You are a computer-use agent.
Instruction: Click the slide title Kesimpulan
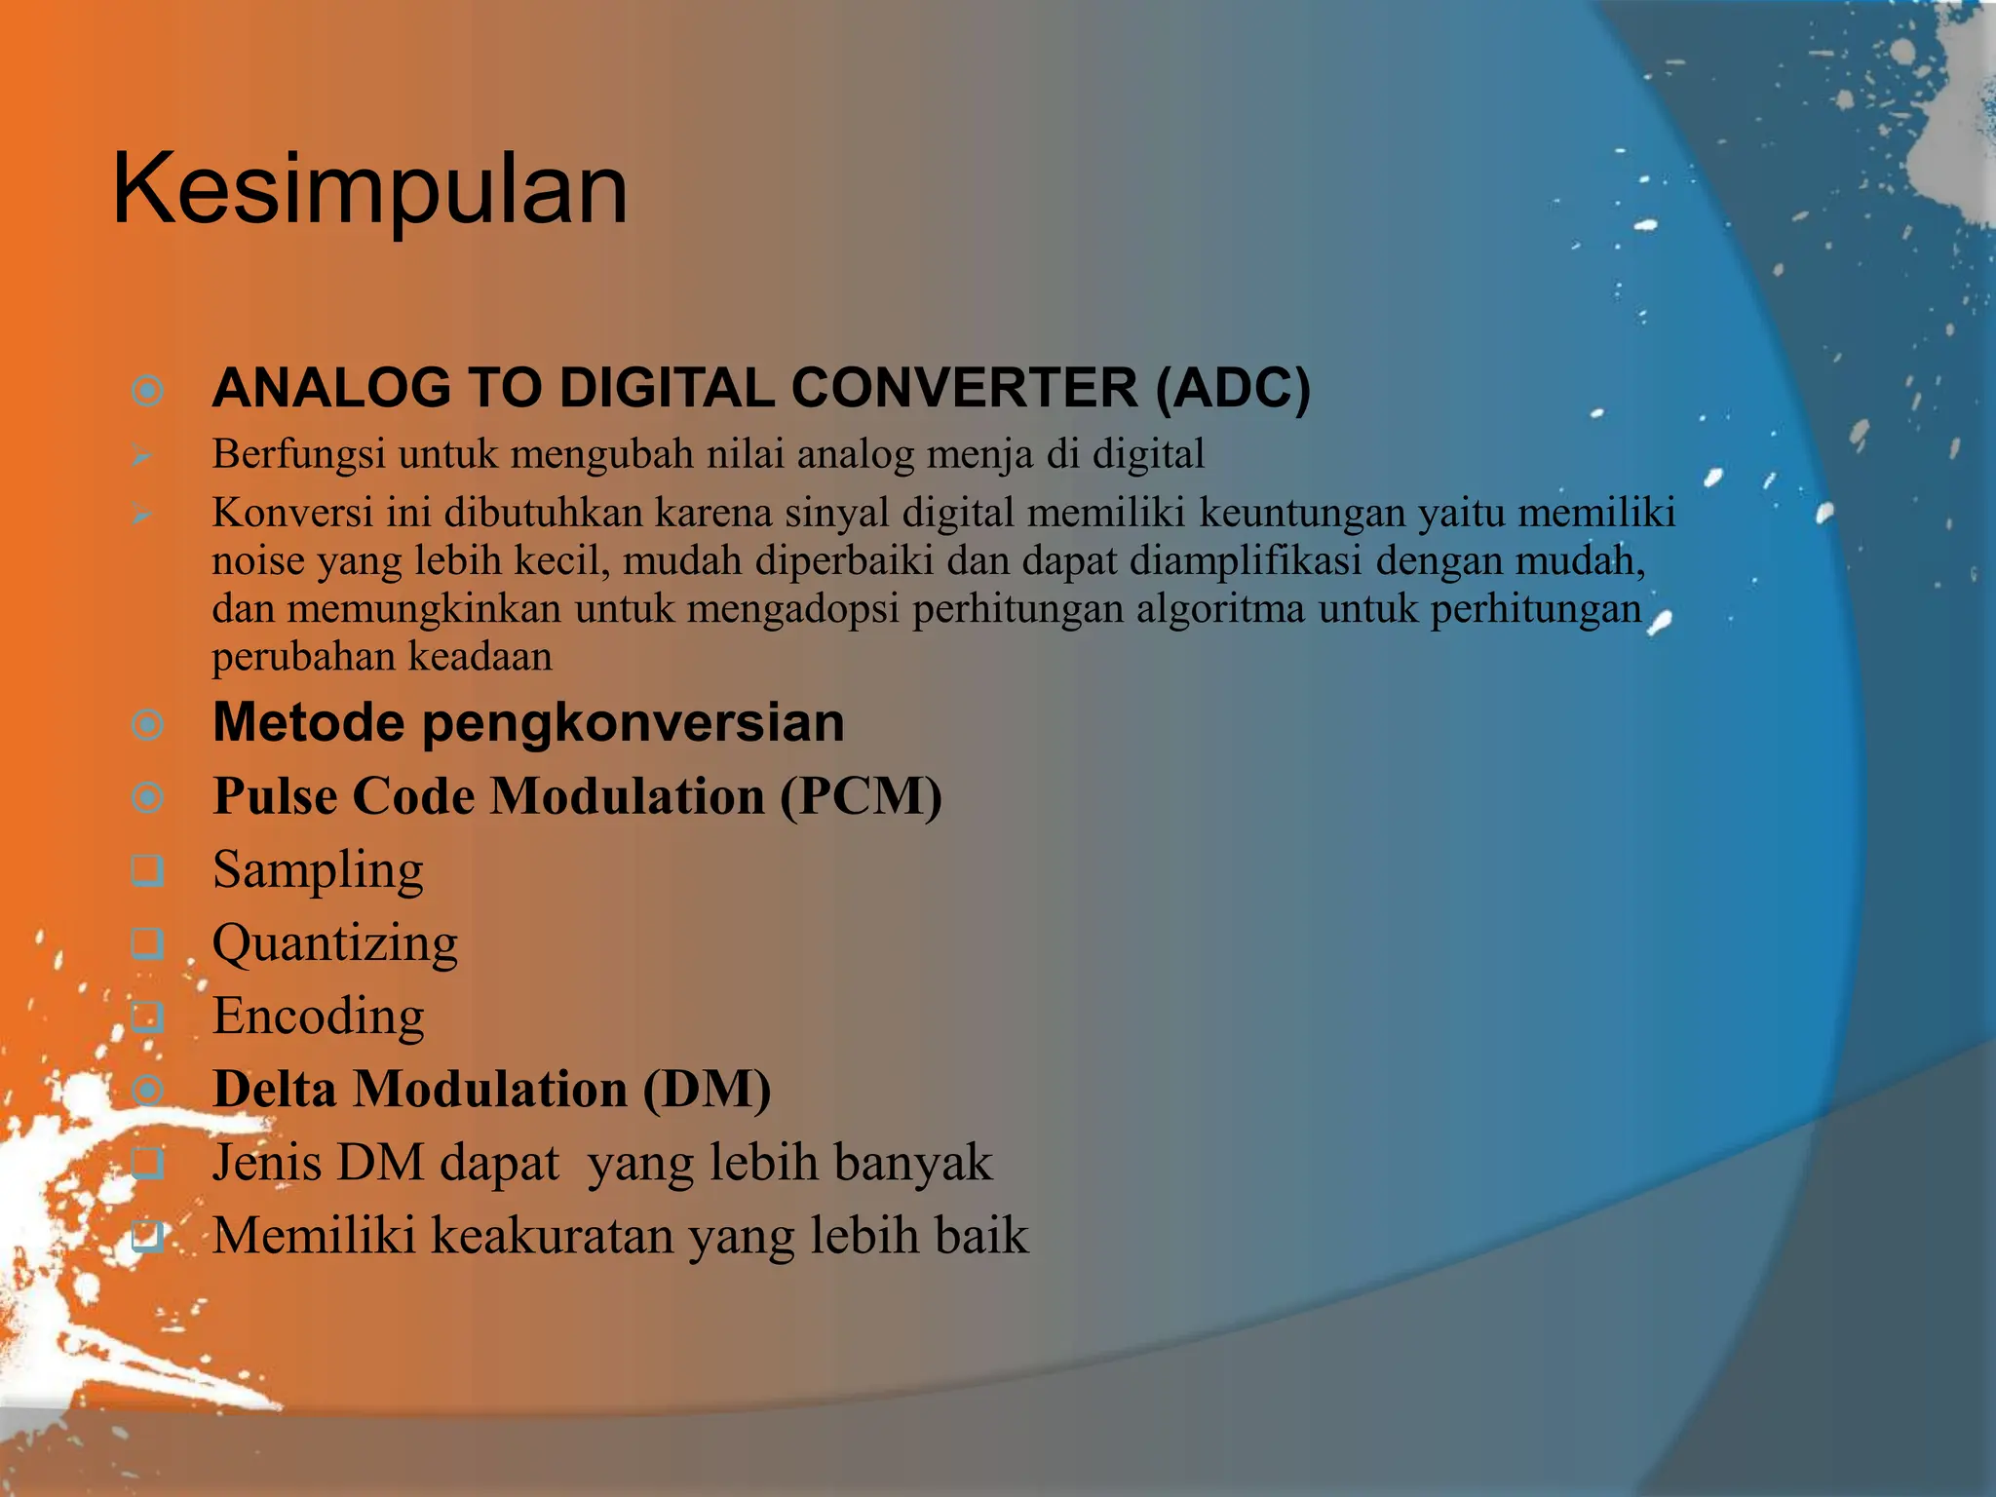[370, 190]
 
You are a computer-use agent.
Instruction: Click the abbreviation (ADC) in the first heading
[1233, 388]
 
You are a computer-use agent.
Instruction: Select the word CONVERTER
[965, 388]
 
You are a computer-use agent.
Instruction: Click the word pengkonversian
[633, 723]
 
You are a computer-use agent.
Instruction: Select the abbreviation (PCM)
[861, 796]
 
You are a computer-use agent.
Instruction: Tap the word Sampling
[318, 870]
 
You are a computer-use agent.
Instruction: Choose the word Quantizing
[335, 943]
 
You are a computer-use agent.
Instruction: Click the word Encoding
[318, 1017]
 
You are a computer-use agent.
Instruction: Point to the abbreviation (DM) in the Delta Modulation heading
[707, 1090]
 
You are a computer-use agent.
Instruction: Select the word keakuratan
[553, 1236]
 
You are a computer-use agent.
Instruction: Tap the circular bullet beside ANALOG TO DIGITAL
[148, 392]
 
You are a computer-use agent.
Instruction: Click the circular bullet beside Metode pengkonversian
[148, 725]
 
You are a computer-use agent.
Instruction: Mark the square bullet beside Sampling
[148, 870]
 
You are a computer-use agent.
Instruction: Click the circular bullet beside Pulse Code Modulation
[148, 798]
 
